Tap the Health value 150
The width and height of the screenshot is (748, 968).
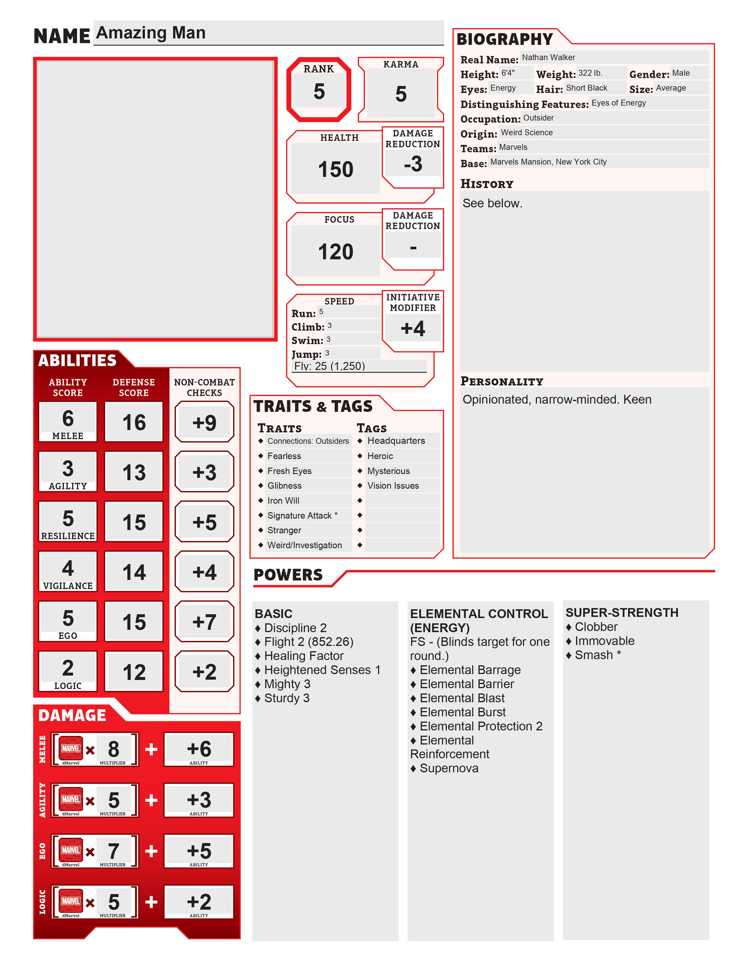(336, 169)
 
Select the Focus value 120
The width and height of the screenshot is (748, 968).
(336, 252)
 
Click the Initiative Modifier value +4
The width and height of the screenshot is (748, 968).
(412, 329)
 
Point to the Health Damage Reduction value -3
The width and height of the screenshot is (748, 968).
(412, 164)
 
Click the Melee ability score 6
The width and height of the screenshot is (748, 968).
(68, 418)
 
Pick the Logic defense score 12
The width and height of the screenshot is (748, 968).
(134, 672)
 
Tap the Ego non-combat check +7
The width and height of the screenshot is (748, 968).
(204, 622)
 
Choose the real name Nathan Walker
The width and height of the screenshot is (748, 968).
(548, 57)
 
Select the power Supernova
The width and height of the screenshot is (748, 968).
(449, 768)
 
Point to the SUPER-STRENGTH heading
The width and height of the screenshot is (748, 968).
(622, 612)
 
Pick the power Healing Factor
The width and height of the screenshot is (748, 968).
(304, 656)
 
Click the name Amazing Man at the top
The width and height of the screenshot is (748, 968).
(151, 33)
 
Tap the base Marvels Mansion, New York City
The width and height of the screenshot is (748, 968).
(548, 162)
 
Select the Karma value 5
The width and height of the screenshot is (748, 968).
(401, 94)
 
